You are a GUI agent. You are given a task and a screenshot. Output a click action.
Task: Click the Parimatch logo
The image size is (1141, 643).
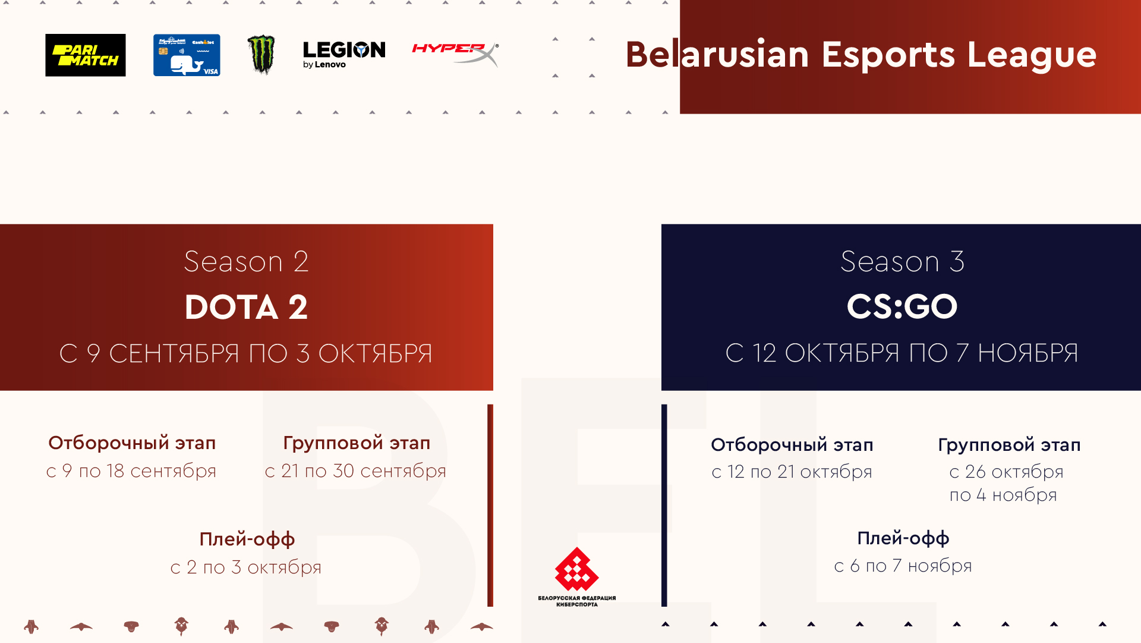pos(86,55)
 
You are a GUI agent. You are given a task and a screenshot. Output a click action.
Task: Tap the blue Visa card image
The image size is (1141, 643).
pos(187,55)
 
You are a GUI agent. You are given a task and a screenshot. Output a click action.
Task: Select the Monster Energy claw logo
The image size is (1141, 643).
pos(261,54)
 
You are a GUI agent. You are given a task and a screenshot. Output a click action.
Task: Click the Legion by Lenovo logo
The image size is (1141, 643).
pos(344,55)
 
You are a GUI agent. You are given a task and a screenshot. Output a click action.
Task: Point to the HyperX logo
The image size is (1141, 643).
pos(455,54)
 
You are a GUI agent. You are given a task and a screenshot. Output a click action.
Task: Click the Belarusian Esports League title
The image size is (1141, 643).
pos(861,55)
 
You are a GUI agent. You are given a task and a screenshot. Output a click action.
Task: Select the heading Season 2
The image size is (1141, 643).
pos(246,262)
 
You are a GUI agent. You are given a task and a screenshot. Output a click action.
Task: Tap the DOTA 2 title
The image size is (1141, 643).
pos(246,307)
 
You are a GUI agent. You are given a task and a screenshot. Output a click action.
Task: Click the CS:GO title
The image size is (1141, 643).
pos(902,307)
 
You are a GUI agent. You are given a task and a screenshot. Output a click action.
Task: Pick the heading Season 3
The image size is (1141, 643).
pos(902,262)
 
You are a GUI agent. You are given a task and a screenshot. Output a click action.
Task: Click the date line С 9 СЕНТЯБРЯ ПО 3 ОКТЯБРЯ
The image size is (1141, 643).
pos(246,353)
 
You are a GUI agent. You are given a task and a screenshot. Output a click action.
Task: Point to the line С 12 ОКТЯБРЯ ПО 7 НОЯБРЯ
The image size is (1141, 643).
pos(902,353)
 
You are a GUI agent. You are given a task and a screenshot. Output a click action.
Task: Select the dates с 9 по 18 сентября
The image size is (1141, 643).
pos(131,471)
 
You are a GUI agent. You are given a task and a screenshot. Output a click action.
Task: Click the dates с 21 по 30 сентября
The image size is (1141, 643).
pos(355,471)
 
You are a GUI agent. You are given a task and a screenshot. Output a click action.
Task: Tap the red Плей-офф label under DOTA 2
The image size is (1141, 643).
pos(247,539)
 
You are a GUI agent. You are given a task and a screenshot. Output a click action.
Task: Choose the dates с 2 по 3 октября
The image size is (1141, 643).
pos(246,567)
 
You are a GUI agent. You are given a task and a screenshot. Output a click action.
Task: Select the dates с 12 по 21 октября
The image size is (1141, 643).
pos(792,472)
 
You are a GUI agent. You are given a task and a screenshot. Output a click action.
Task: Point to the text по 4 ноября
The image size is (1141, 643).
pos(1003,495)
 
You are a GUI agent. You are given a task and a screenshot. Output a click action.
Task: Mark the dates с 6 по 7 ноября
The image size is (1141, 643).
pos(903,566)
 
